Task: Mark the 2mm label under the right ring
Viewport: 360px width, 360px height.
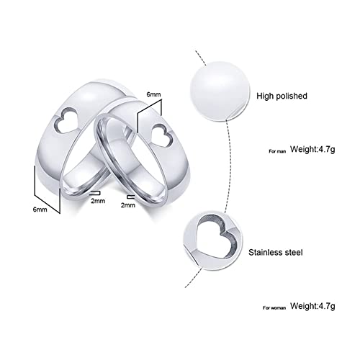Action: (128, 205)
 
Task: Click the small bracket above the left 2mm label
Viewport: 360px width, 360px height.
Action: (93, 192)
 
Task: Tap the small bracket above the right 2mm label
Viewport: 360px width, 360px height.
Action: (130, 194)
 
